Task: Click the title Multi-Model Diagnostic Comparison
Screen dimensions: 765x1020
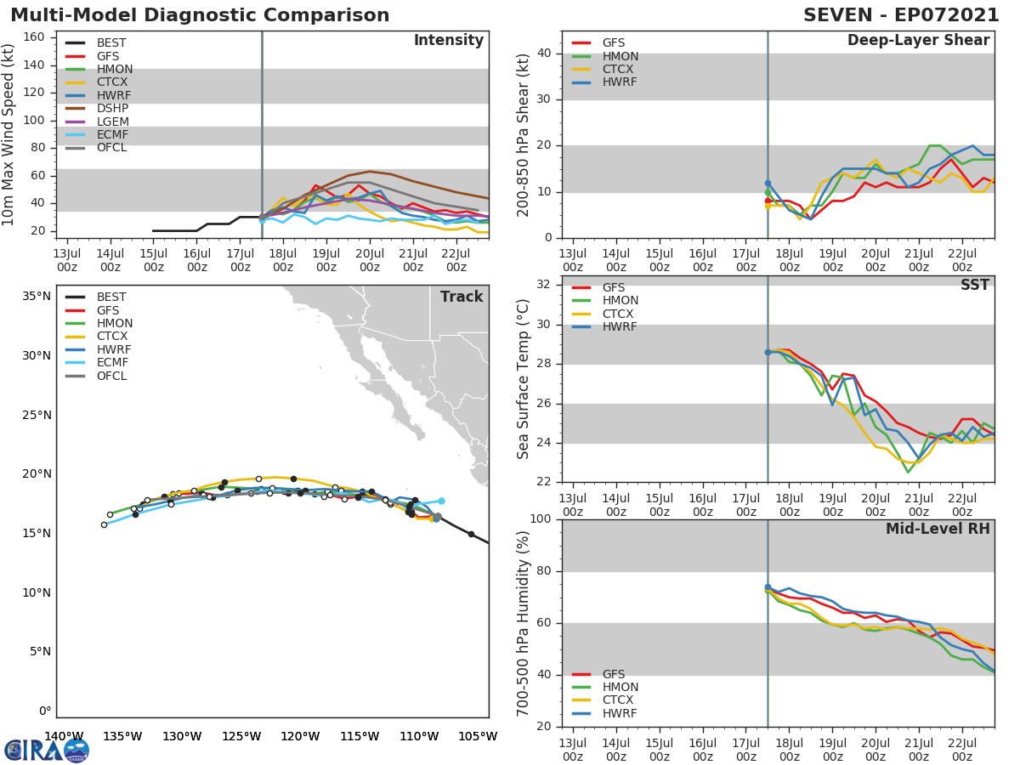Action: [200, 15]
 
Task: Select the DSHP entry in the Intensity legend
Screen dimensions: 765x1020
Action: [112, 109]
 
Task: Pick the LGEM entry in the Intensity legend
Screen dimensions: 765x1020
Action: [112, 122]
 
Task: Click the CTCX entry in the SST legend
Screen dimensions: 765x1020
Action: [620, 314]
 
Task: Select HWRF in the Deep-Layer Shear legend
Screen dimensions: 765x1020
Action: [620, 82]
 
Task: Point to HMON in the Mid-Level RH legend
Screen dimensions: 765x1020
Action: [620, 687]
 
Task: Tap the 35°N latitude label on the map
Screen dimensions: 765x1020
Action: [37, 297]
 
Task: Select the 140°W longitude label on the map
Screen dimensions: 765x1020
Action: [63, 736]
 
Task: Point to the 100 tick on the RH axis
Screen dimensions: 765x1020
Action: [541, 519]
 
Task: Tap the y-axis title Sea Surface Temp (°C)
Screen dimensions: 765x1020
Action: [524, 379]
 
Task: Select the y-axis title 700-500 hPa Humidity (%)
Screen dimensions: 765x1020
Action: [524, 623]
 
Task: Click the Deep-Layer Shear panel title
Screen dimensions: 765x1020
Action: [918, 41]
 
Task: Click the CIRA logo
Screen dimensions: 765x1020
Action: [46, 751]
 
